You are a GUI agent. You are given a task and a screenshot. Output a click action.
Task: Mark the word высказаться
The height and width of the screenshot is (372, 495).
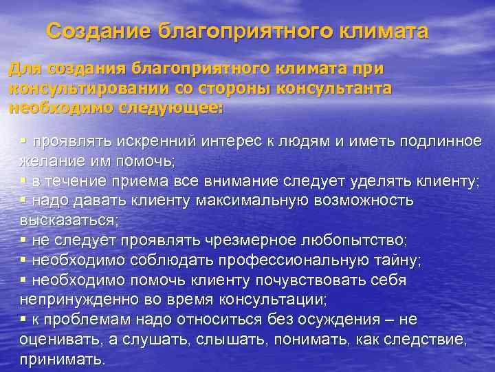pos(69,220)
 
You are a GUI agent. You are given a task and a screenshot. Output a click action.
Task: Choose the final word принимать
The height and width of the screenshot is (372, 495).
pos(62,360)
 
